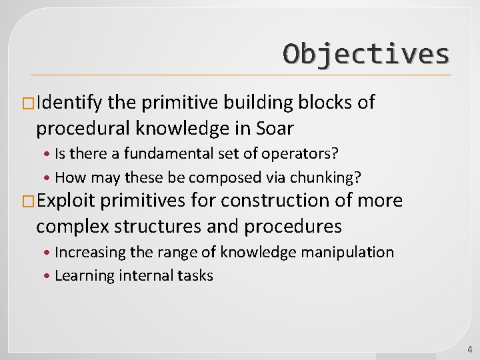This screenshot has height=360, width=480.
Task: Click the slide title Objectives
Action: coord(366,53)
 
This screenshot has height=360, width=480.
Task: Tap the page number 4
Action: coord(469,349)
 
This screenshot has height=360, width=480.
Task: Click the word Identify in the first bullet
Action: coord(70,103)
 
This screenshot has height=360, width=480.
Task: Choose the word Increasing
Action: coord(87,252)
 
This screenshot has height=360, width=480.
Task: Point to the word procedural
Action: coord(86,128)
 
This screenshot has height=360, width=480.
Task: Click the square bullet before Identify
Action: coord(29,103)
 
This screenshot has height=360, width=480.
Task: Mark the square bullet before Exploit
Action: coord(29,201)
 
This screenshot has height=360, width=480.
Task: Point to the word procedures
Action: coord(293,226)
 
